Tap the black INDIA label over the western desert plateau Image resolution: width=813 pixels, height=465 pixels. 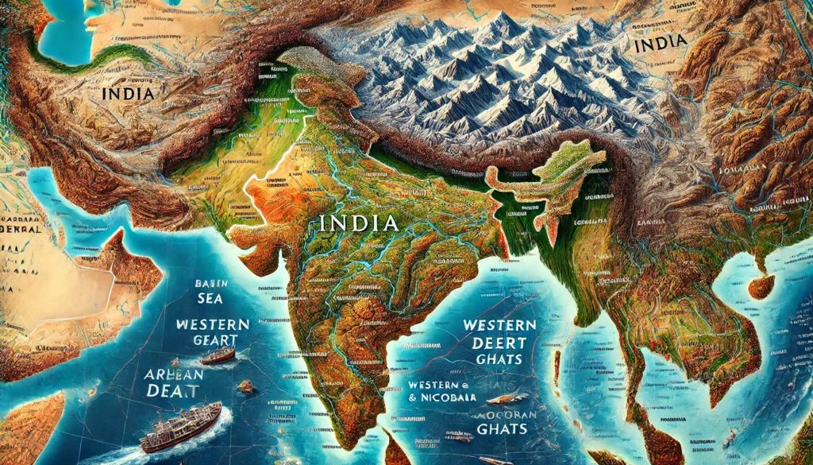[x=128, y=93]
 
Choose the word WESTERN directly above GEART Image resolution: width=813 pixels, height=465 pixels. [x=212, y=324]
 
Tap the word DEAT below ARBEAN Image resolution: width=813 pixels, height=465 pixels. [x=174, y=390]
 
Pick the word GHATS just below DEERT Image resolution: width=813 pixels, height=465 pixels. [x=499, y=359]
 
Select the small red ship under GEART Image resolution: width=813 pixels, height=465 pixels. [x=216, y=355]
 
